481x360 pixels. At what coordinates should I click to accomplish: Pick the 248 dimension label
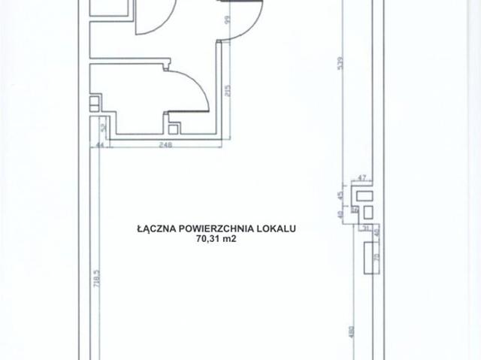[x=165, y=146]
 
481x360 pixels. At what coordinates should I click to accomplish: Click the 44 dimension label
[x=100, y=146]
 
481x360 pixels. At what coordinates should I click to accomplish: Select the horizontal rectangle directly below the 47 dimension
[x=366, y=197]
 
